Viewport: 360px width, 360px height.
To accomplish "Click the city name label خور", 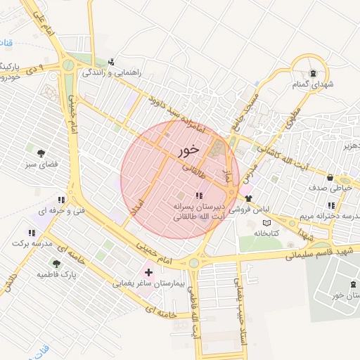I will (x=188, y=150).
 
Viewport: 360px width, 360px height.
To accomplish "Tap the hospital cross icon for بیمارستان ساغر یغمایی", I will (x=148, y=271).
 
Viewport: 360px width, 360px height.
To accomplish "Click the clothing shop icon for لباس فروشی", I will (x=248, y=198).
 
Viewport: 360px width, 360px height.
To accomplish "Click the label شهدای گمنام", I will (x=312, y=84).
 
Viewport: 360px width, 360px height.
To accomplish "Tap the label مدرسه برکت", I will (x=32, y=243).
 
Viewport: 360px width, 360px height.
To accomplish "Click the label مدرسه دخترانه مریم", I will (x=335, y=215).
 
